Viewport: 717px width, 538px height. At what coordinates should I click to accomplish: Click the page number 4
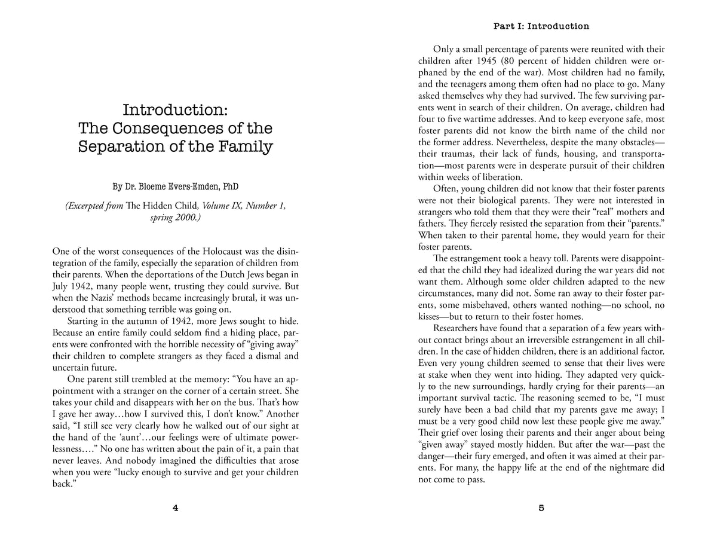tap(175, 509)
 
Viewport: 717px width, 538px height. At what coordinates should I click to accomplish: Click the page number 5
tap(541, 509)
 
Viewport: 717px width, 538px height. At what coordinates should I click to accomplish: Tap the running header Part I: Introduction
tap(541, 26)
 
